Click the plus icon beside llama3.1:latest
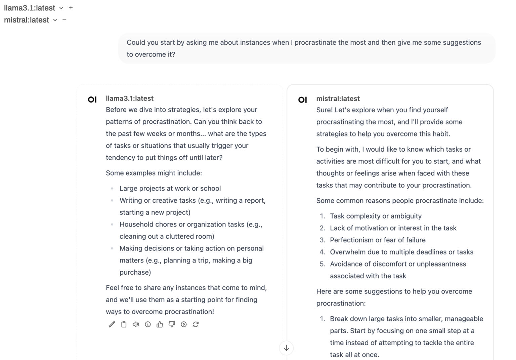click(71, 8)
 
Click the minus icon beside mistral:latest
click(64, 20)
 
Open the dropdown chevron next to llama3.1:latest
click(61, 8)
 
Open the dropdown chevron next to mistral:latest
click(55, 20)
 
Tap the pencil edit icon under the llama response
click(112, 324)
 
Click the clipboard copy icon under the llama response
click(124, 324)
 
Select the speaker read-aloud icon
click(136, 324)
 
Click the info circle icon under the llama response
click(148, 324)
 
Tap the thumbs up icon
click(160, 324)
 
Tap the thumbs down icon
click(172, 324)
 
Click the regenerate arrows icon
click(196, 324)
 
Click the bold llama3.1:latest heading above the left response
click(130, 98)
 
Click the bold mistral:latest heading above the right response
click(338, 99)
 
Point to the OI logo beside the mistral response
click(302, 100)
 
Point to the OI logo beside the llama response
click(92, 99)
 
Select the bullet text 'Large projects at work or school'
click(170, 189)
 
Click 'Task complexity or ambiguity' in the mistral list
click(376, 216)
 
